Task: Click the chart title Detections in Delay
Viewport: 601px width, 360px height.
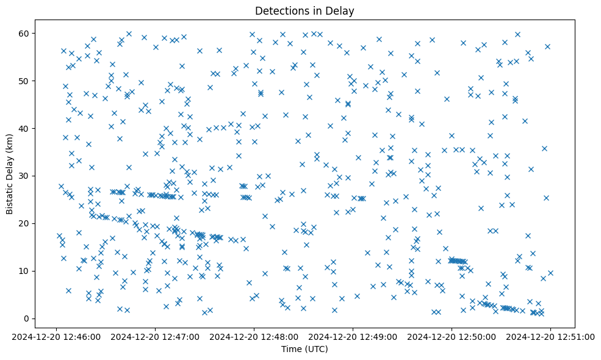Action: click(304, 10)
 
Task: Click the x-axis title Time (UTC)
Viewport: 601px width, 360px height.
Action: click(304, 349)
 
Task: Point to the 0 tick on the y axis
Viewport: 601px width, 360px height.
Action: click(27, 319)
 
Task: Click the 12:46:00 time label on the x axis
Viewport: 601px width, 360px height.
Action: click(56, 336)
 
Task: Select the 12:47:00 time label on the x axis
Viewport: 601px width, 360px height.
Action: click(155, 336)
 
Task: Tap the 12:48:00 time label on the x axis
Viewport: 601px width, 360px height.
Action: click(254, 336)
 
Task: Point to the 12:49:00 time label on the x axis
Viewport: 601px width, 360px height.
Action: click(353, 336)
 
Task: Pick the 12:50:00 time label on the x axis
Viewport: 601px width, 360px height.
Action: click(452, 336)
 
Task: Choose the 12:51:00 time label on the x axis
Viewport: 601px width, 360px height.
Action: click(550, 336)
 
